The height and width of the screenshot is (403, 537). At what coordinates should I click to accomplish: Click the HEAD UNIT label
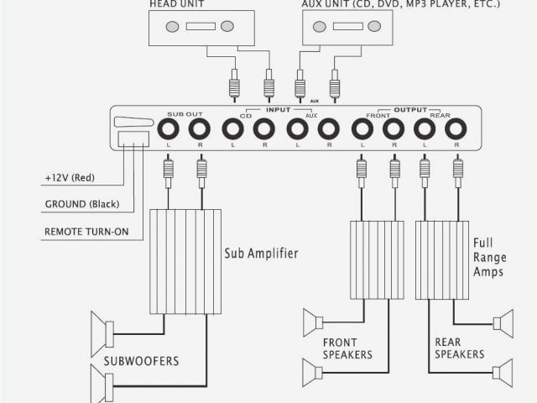click(x=176, y=4)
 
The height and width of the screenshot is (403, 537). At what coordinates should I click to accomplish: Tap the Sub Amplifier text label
click(x=260, y=253)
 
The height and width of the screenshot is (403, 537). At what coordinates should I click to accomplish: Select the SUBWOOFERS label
click(x=141, y=362)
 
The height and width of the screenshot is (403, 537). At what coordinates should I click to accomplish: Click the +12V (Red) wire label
click(x=70, y=178)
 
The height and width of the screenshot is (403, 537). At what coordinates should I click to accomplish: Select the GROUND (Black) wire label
click(x=81, y=204)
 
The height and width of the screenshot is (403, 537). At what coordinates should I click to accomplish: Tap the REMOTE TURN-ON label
click(x=86, y=231)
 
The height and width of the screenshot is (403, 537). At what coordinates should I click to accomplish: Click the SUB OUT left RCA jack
click(x=167, y=129)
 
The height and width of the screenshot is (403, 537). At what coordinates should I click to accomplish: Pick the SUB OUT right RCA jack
click(x=200, y=129)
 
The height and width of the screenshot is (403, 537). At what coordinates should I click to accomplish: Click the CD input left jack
click(x=232, y=129)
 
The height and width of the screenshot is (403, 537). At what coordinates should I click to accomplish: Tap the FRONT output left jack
click(x=361, y=129)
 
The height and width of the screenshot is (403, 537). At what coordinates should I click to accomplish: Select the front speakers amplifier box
click(x=378, y=259)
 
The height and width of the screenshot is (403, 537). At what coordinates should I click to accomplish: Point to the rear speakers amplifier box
click(x=442, y=259)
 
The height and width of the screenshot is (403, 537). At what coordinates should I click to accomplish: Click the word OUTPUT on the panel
click(x=409, y=110)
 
